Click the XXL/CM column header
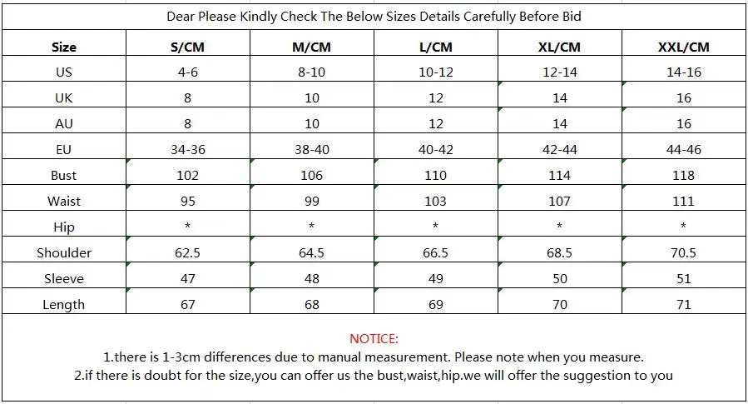pos(684,47)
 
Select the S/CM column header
pos(187,47)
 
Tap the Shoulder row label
pos(64,252)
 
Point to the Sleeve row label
pos(64,278)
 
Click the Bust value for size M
pos(311,175)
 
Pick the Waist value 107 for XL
pos(560,201)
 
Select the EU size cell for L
pos(435,149)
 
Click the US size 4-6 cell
pos(187,72)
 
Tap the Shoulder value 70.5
pos(684,252)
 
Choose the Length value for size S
pos(187,304)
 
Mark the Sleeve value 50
pos(560,278)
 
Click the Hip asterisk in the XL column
pos(560,225)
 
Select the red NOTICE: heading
pos(374,338)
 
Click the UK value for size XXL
pos(684,98)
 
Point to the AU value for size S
pos(187,123)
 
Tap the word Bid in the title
pos(572,17)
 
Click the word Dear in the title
pos(181,17)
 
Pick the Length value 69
pos(435,304)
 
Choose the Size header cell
pos(64,47)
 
